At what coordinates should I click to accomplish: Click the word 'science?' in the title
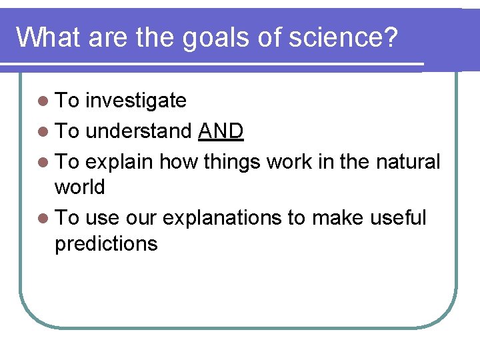coord(344,37)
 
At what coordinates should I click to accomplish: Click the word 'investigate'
coord(136,101)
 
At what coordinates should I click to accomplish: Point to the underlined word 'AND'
coord(221,131)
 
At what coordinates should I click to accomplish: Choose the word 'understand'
coord(139,131)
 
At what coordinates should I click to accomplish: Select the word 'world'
coord(79,187)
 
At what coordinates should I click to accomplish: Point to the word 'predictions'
coord(106,243)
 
